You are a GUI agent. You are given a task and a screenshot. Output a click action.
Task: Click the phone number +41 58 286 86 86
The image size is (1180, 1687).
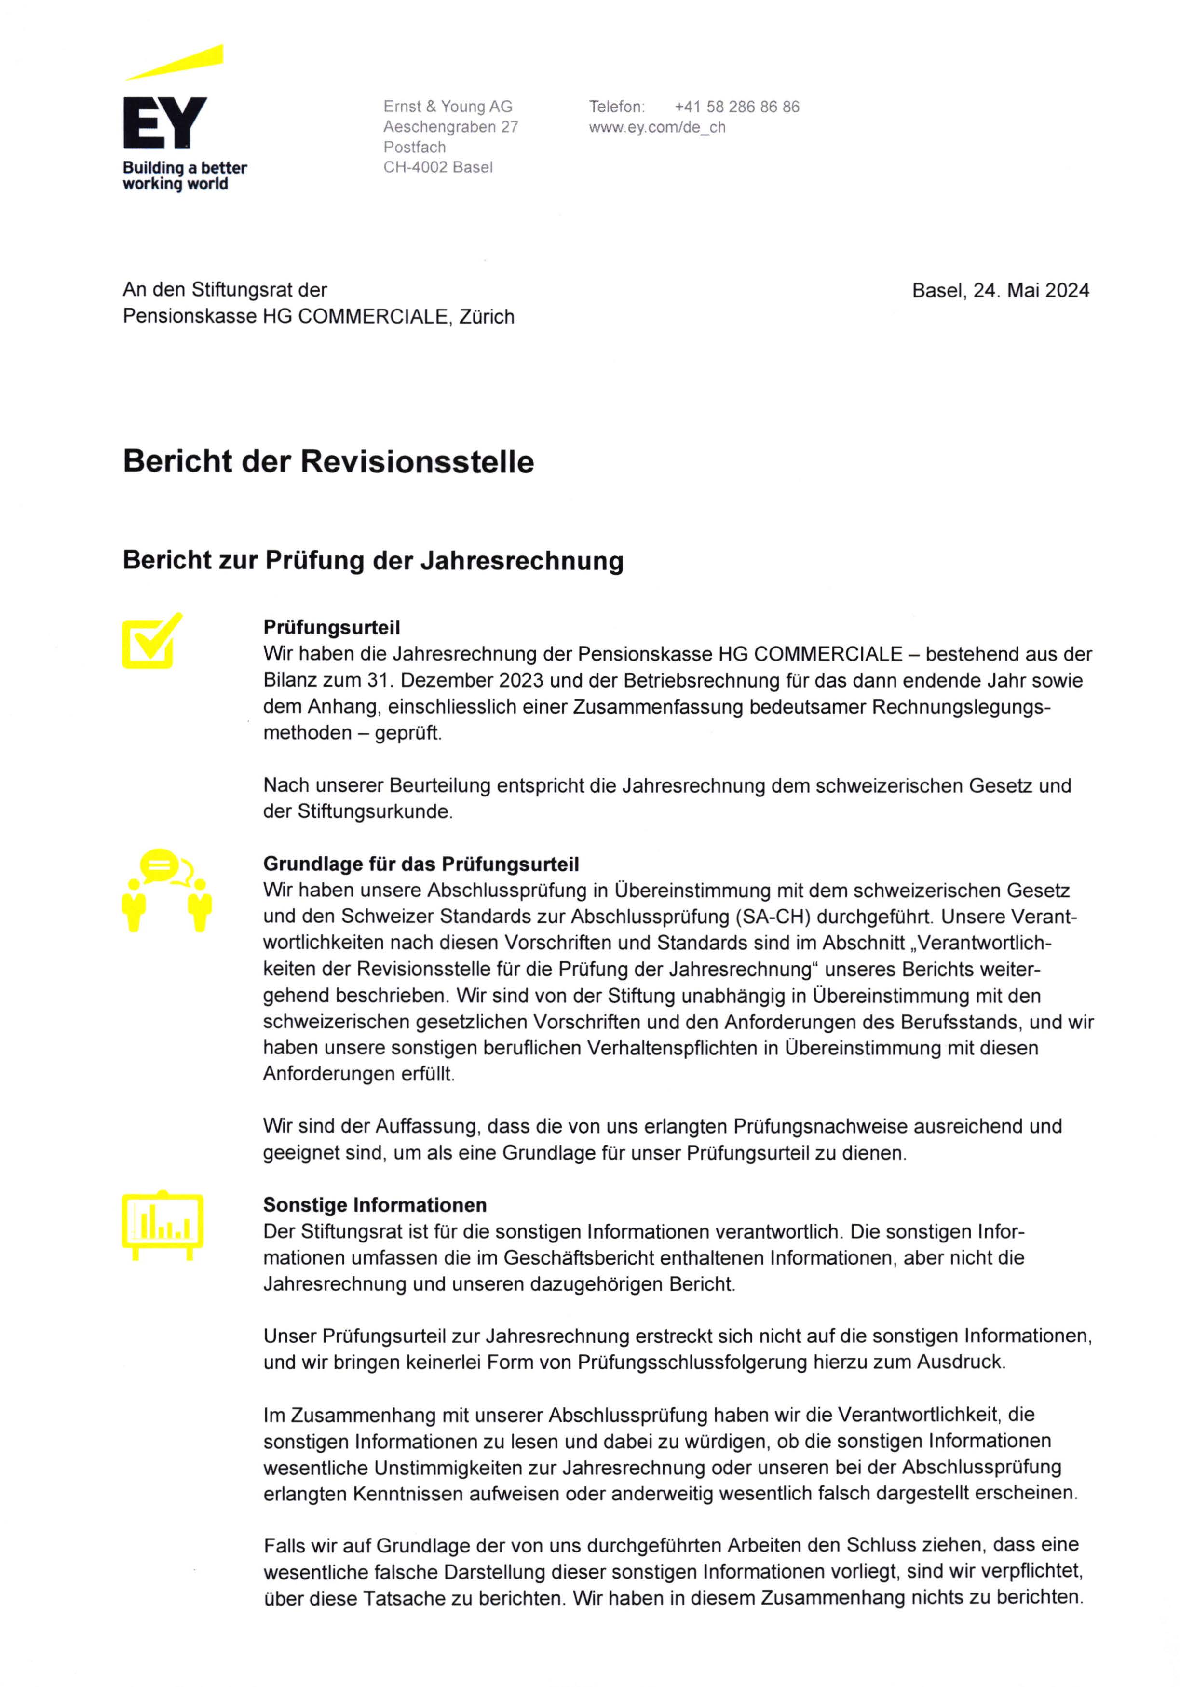click(x=736, y=107)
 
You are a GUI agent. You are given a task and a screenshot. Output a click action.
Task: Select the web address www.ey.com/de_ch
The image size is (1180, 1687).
click(x=656, y=127)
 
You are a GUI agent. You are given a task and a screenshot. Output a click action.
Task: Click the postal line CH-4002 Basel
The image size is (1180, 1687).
click(x=437, y=167)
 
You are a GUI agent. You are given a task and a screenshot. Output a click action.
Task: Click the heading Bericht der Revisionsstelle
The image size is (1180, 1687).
click(x=328, y=461)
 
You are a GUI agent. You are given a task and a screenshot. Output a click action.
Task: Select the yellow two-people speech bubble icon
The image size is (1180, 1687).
click(x=167, y=890)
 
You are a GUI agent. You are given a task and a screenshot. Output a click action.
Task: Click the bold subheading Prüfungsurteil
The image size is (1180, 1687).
click(x=331, y=627)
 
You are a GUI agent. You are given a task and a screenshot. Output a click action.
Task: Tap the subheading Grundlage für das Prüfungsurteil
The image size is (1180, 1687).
click(x=420, y=864)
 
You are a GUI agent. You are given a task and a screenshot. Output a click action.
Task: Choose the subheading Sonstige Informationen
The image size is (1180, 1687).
click(x=375, y=1205)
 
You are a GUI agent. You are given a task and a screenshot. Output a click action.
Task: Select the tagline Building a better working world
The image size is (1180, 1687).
click(x=184, y=175)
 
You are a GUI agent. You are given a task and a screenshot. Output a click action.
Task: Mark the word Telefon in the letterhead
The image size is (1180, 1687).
click(x=616, y=107)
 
